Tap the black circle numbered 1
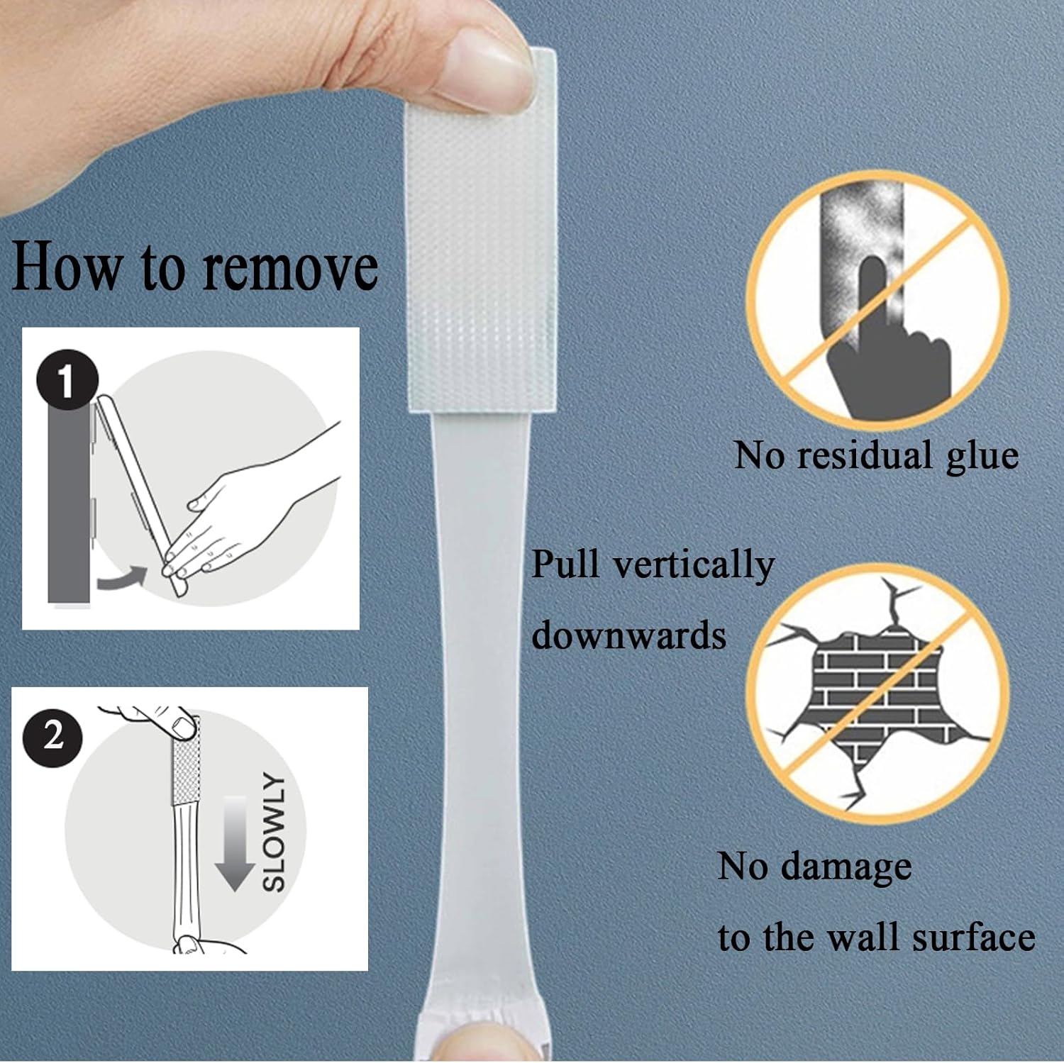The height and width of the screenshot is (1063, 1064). point(67,381)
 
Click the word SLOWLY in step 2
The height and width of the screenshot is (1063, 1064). point(275,831)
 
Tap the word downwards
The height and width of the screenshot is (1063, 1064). point(628,635)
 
